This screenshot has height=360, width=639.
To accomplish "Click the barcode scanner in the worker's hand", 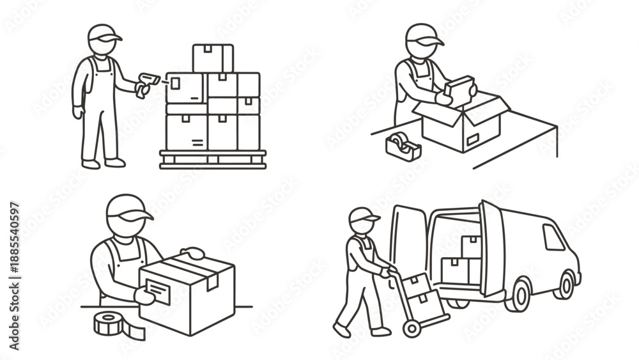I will tap(148, 82).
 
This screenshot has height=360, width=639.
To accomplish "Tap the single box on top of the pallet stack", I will tap(213, 58).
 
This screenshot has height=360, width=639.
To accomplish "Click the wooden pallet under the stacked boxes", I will tap(213, 159).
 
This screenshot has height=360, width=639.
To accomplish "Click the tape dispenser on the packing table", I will tap(403, 146).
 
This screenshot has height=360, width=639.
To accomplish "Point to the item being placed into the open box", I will tap(461, 91).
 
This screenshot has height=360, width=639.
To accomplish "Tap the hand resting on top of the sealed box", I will tap(192, 253).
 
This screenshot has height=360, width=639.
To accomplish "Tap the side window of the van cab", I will tap(553, 237).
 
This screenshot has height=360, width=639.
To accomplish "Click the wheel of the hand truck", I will tap(411, 328).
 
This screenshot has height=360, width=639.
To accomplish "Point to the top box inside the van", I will tap(472, 247).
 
